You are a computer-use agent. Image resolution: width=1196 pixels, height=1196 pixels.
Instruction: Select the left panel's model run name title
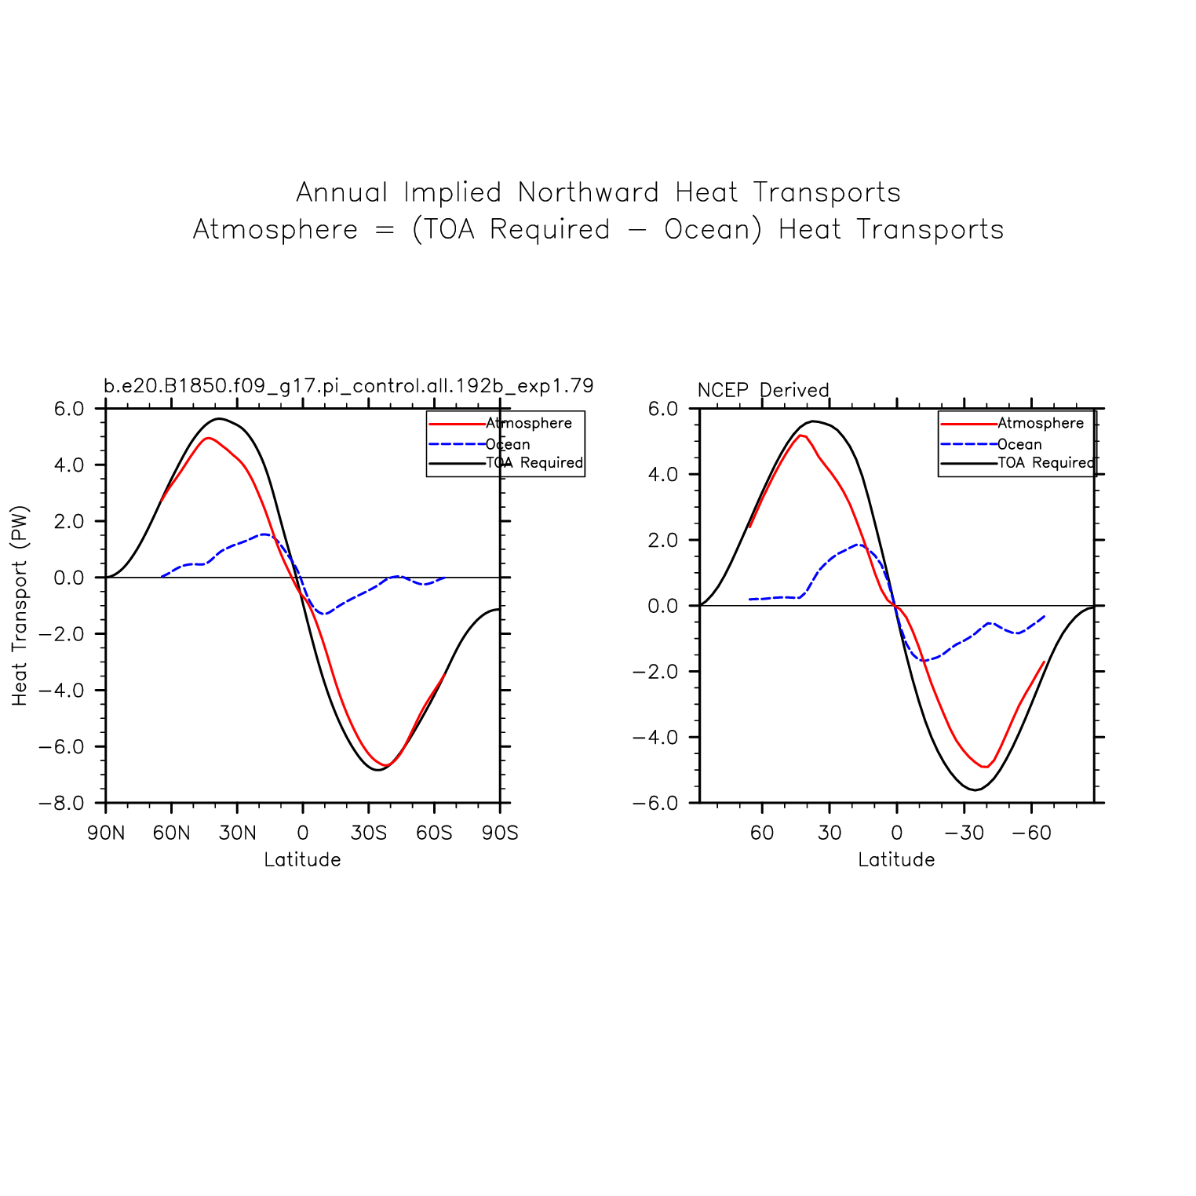348,386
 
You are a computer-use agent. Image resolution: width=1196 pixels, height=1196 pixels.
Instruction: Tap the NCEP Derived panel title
763,390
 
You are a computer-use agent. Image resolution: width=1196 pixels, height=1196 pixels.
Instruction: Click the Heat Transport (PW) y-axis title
20,605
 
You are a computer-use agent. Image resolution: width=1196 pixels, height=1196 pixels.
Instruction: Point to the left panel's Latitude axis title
302,860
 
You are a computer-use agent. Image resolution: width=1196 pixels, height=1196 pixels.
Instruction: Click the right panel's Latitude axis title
896,860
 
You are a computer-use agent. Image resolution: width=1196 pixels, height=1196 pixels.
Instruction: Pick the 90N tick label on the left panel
106,833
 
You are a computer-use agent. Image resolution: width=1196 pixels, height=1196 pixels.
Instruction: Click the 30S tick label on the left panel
369,833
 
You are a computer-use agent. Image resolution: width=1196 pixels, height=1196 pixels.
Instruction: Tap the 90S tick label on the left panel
500,833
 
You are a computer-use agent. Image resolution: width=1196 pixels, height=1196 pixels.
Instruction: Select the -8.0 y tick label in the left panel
61,803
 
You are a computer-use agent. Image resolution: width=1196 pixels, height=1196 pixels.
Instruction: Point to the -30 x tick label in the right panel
964,833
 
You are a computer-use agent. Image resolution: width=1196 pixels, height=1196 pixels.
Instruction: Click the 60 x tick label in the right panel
762,833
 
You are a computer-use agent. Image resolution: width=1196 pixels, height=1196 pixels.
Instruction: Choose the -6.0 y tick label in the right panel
655,803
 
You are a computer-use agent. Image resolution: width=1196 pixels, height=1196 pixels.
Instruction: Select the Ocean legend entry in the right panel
1019,444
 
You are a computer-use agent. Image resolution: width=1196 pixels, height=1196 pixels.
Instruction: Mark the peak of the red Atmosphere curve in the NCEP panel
801,435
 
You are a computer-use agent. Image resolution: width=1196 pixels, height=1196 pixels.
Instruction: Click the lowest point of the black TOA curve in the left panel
377,770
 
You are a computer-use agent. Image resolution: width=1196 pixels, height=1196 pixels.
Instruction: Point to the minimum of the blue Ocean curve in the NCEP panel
924,661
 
